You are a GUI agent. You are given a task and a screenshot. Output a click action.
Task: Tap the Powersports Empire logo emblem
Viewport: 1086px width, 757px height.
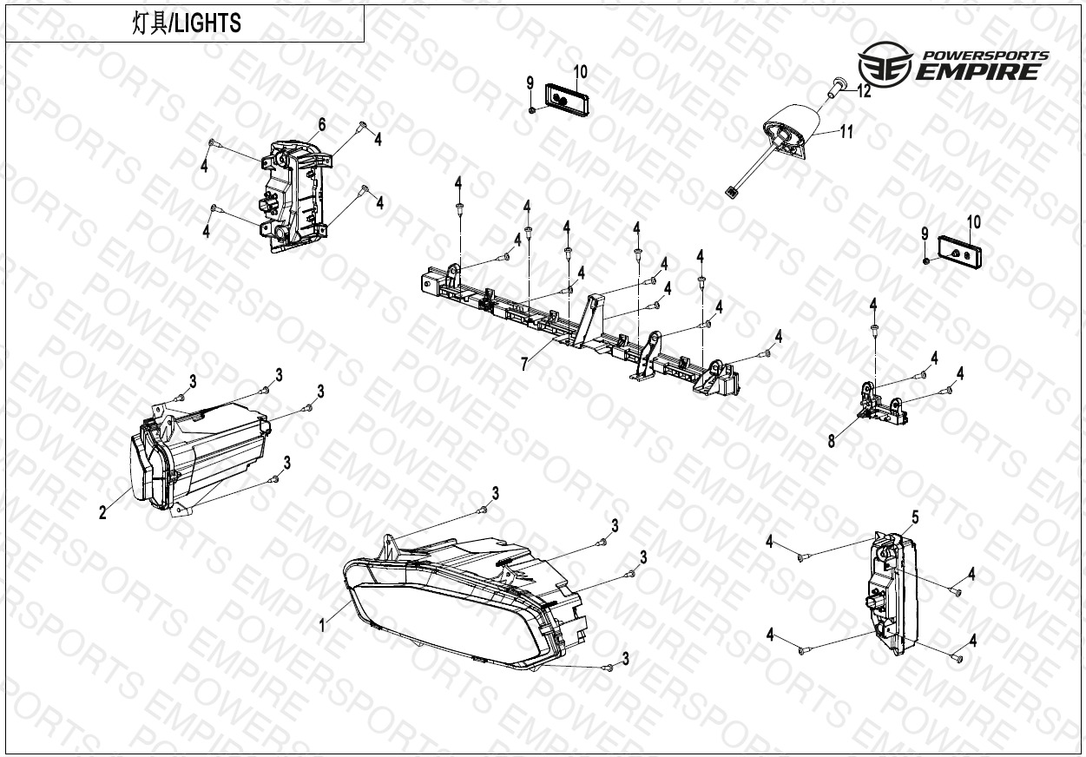(885, 64)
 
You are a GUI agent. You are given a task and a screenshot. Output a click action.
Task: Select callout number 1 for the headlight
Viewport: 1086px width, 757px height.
(322, 626)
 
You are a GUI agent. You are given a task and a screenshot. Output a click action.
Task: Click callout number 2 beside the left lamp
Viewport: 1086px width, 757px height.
(102, 512)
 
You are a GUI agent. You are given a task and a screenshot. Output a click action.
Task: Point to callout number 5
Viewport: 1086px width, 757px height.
(915, 517)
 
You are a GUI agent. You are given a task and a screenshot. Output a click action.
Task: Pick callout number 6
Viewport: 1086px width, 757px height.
(322, 125)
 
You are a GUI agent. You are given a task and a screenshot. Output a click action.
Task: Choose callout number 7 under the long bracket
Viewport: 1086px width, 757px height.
(524, 364)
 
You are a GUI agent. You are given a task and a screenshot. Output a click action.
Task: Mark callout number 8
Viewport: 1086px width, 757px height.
(832, 441)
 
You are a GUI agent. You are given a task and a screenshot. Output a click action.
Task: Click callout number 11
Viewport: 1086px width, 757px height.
(846, 131)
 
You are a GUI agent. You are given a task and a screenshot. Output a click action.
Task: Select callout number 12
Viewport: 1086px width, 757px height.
(864, 90)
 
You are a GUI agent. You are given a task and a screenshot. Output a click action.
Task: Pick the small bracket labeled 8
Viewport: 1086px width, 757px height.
(882, 405)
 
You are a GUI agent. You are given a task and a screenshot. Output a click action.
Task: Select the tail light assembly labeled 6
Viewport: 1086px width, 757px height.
(297, 196)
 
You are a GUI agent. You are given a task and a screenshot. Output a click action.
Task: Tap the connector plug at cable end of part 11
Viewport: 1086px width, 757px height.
(731, 192)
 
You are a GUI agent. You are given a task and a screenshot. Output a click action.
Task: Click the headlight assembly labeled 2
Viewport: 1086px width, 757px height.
(200, 456)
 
